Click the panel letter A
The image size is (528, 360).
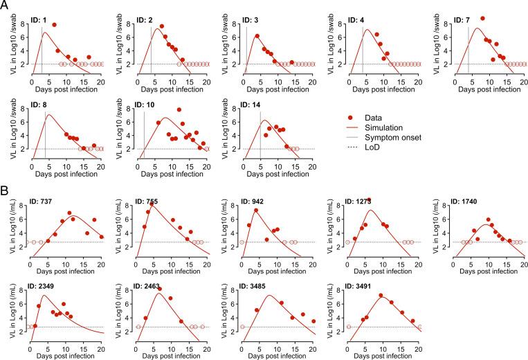pyautogui.click(x=5, y=6)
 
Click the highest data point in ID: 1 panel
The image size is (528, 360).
pyautogui.click(x=54, y=25)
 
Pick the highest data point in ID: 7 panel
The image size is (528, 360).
pyautogui.click(x=482, y=19)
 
